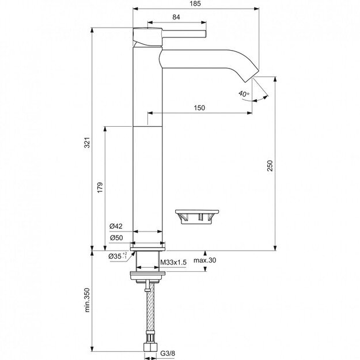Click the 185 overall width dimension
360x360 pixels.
[195, 4]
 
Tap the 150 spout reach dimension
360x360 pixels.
[199, 108]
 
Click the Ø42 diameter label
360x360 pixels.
[116, 226]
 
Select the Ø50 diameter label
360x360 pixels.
[116, 238]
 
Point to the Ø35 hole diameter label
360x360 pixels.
[118, 255]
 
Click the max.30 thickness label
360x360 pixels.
[204, 260]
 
